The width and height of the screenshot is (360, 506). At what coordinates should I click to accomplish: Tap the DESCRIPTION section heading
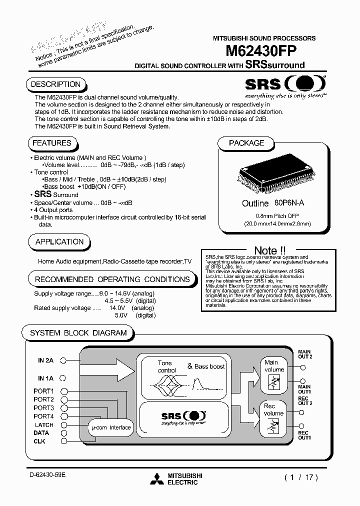click(x=55, y=84)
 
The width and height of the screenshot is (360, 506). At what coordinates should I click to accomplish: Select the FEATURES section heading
click(x=52, y=143)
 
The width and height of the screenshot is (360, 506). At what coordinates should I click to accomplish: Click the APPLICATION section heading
click(x=59, y=242)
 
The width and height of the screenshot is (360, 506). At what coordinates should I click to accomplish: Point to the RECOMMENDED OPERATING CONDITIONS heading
click(x=112, y=279)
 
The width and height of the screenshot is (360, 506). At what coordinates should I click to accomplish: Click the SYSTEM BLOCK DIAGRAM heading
click(x=78, y=333)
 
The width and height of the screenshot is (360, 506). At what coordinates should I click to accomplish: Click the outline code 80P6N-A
click(x=289, y=203)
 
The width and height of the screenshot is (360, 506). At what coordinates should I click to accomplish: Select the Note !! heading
click(x=270, y=250)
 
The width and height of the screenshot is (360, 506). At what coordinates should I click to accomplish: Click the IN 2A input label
click(x=45, y=360)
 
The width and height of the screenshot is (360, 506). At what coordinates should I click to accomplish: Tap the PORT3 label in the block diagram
click(x=43, y=408)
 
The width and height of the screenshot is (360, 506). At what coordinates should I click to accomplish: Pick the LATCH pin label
click(x=44, y=424)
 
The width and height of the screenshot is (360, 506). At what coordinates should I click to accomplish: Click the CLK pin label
click(x=39, y=441)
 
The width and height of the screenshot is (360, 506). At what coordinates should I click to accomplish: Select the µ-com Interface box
click(x=110, y=427)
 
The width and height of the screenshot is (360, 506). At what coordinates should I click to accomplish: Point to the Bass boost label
click(x=206, y=366)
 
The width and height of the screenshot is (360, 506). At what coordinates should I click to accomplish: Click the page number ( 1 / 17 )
click(x=301, y=477)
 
